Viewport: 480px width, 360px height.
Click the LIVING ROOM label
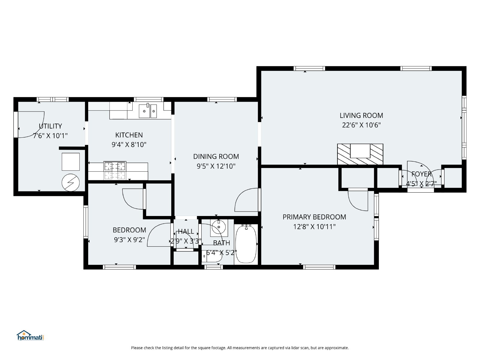[361, 115]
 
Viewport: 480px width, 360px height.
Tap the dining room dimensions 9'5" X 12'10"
[216, 166]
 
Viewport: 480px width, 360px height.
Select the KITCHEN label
[129, 135]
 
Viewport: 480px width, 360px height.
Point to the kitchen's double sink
[148, 111]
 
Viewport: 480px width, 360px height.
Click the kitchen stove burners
[115, 170]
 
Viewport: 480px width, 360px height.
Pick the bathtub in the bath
[246, 244]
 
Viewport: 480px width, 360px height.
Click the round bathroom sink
[219, 227]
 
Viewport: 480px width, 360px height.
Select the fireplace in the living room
[360, 154]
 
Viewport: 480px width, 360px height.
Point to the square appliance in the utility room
[70, 162]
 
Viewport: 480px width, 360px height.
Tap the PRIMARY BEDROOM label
[314, 217]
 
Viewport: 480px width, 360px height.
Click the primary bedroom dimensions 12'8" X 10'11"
[314, 227]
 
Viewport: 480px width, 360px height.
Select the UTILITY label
[50, 126]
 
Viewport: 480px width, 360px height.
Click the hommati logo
[30, 335]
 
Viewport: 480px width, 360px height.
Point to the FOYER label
[421, 174]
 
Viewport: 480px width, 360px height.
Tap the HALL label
[186, 231]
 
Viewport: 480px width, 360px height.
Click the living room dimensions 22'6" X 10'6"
[361, 125]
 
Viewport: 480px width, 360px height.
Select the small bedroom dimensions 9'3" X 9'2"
[129, 240]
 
